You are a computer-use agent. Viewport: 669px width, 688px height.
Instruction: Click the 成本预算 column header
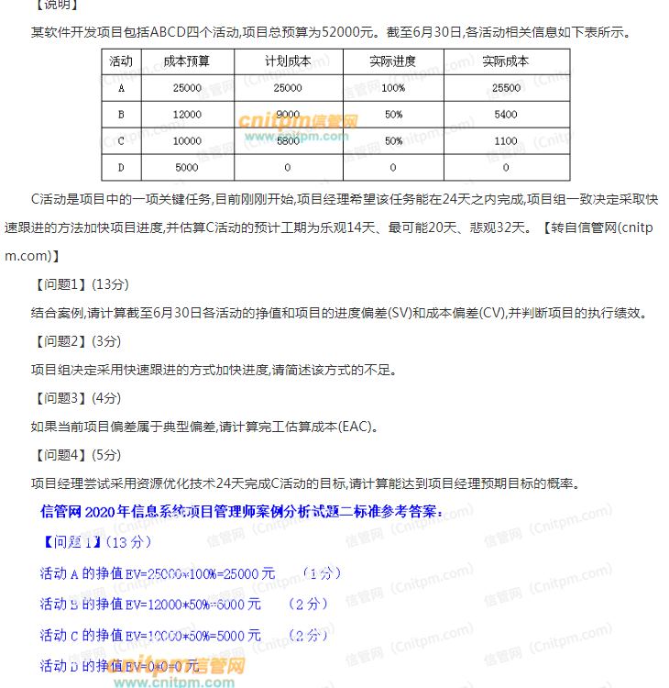tap(187, 61)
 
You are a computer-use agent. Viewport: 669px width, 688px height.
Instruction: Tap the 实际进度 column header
tap(393, 61)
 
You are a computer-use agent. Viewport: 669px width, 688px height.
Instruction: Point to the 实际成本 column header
tap(506, 61)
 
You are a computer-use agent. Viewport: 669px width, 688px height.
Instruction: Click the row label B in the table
tap(121, 115)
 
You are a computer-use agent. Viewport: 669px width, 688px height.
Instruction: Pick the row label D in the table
tap(121, 168)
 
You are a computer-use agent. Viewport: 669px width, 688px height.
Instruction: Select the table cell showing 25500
tap(506, 88)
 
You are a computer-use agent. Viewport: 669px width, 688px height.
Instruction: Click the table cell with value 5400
tap(506, 115)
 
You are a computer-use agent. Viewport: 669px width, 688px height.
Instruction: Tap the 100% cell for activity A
tap(393, 88)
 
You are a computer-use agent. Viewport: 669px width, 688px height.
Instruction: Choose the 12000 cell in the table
tap(187, 115)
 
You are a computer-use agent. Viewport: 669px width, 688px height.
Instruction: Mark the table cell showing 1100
tap(506, 141)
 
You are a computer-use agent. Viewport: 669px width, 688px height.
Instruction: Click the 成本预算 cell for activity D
tap(187, 168)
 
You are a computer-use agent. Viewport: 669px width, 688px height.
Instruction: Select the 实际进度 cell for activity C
tap(393, 141)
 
